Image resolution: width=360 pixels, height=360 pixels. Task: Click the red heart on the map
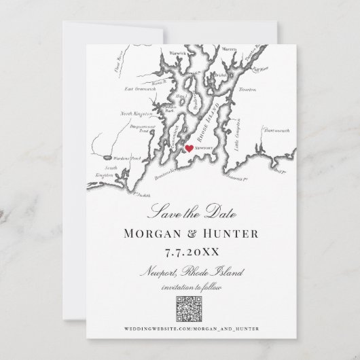click(x=189, y=145)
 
